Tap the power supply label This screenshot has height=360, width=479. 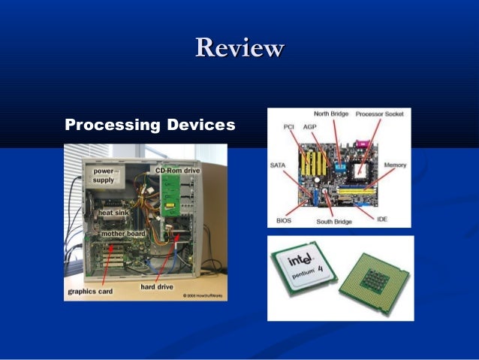[x=104, y=175]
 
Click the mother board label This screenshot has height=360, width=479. [x=123, y=234]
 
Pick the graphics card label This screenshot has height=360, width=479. [x=91, y=291]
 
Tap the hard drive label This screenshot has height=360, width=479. [x=158, y=286]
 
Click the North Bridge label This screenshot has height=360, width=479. [x=331, y=113]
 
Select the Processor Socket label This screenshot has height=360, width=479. [x=380, y=113]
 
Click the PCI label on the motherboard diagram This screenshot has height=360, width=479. [x=288, y=127]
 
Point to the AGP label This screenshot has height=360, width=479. [x=309, y=127]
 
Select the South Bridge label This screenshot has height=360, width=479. [x=335, y=222]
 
